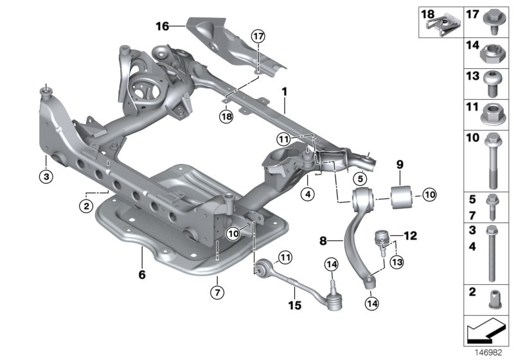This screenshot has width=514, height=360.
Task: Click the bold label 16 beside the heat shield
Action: click(161, 26)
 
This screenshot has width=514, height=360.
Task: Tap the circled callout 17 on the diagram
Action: click(258, 37)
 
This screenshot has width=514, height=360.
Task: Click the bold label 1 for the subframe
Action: click(283, 93)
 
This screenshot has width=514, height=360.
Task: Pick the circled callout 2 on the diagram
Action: click(84, 206)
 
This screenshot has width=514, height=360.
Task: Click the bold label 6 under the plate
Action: click(141, 275)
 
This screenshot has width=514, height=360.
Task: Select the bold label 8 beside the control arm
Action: click(323, 242)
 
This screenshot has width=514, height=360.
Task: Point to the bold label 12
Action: click(409, 236)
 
